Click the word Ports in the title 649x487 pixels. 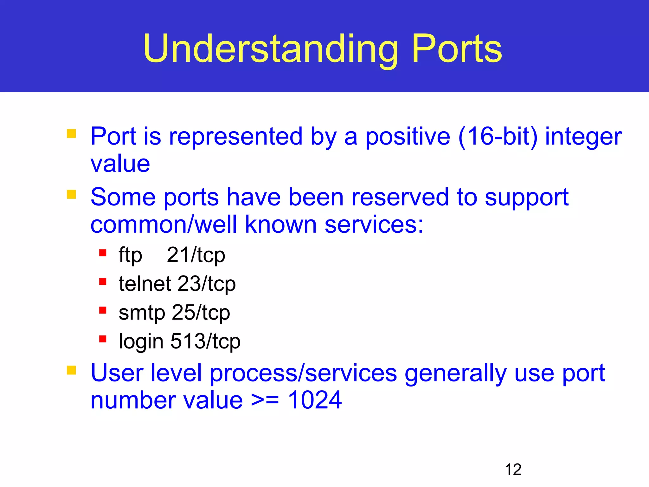(x=457, y=49)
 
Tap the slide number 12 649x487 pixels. (x=513, y=470)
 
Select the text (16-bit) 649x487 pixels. (x=498, y=137)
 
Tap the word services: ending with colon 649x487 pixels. (x=374, y=224)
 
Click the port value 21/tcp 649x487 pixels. (x=196, y=255)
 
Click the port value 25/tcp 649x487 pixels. (x=201, y=313)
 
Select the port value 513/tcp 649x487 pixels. (x=205, y=341)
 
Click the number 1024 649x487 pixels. (x=315, y=400)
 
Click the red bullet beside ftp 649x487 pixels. (x=103, y=253)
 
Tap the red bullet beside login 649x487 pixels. (x=103, y=339)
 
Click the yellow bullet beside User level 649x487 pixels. (x=71, y=370)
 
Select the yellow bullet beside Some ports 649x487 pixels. (x=71, y=194)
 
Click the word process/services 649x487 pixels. (x=303, y=373)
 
